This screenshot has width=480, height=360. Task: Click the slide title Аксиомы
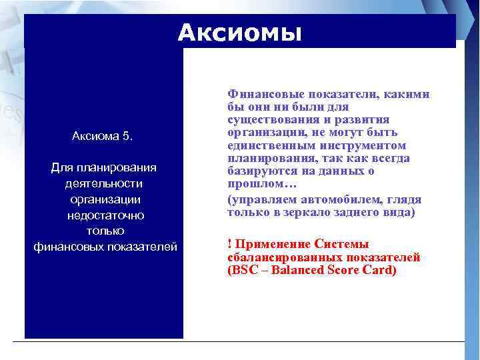[240, 33]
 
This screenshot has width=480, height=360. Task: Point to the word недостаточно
[105, 215]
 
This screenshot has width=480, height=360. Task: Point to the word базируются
[259, 171]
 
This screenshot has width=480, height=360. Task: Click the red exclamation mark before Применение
[229, 245]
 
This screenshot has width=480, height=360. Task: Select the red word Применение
[267, 245]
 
